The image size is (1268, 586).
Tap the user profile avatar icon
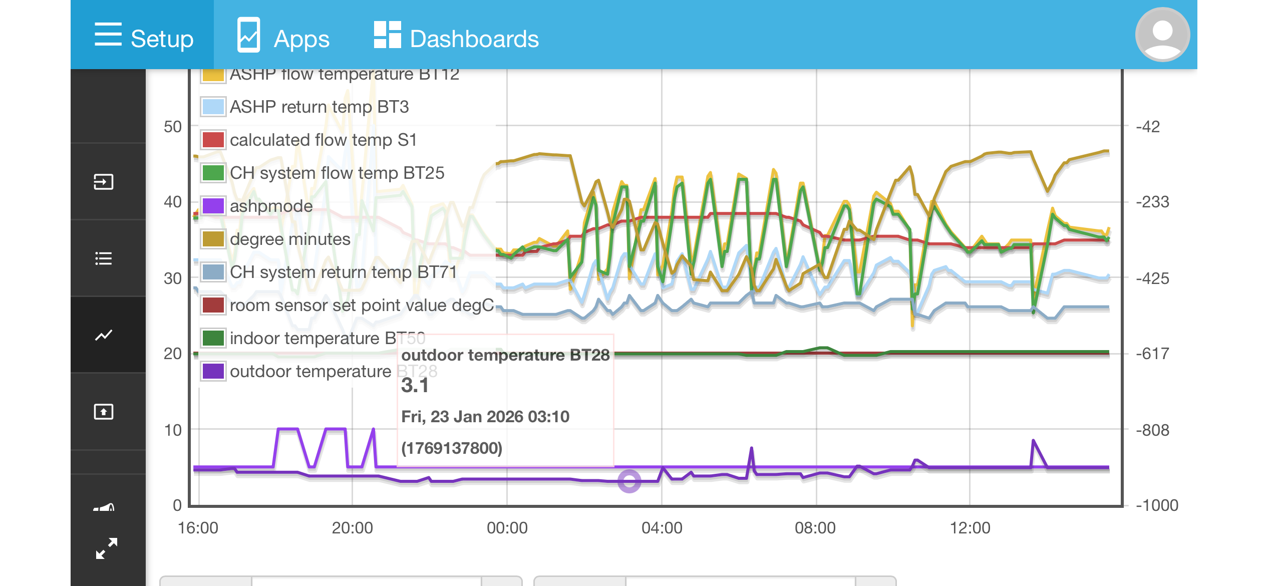click(1162, 35)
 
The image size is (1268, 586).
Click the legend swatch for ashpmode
click(213, 206)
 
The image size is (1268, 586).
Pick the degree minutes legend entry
click(289, 239)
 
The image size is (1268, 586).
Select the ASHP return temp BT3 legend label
click(319, 107)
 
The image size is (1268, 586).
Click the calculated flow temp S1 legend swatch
click(213, 140)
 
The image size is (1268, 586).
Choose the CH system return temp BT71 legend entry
click(343, 272)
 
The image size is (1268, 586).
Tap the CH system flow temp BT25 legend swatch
click(213, 173)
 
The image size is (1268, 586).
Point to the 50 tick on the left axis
click(173, 127)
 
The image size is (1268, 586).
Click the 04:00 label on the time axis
click(662, 528)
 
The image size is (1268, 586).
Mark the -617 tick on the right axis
click(1153, 354)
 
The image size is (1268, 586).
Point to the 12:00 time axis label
click(970, 528)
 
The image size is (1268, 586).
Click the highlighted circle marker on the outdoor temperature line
click(629, 481)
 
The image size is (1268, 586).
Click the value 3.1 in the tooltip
click(415, 386)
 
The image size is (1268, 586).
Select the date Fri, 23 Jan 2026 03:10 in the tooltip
click(485, 417)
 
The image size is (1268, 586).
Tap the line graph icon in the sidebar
click(104, 335)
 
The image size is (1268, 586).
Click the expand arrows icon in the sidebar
click(106, 548)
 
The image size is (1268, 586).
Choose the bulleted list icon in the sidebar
click(104, 258)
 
